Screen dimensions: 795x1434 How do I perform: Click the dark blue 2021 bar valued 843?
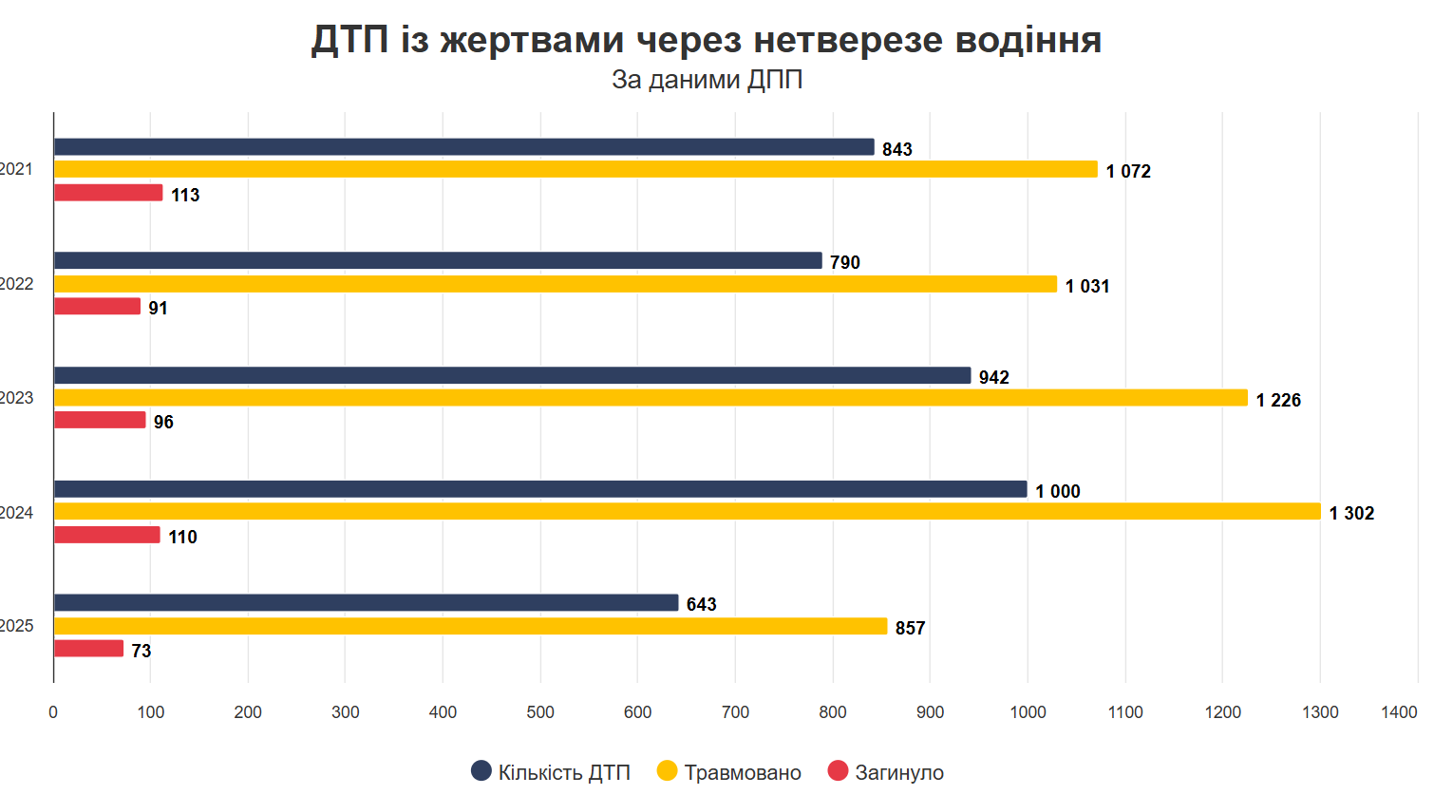coord(463,147)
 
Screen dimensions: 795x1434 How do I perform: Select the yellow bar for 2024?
coord(687,512)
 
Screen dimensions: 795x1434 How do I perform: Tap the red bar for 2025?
coord(88,649)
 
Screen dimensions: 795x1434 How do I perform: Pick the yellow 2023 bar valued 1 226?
coord(651,398)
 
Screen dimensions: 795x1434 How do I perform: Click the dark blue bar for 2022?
coord(438,261)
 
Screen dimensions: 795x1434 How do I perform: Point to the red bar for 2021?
coord(108,193)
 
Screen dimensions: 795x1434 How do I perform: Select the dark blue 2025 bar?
coord(366,603)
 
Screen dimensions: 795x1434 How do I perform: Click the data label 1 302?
coord(1351,514)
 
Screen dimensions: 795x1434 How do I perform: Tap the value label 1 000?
coord(1058,491)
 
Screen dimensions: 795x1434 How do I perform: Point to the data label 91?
coord(158,309)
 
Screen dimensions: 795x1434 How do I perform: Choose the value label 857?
coord(910,628)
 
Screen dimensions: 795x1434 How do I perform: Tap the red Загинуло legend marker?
coord(838,771)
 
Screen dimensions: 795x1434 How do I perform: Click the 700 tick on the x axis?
coord(735,712)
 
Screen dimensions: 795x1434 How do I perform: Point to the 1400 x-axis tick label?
coord(1399,712)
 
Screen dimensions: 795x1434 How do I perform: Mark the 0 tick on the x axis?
coord(53,712)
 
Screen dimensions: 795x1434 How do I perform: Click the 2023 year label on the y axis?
coord(17,398)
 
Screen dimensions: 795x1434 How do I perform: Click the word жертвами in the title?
coord(532,40)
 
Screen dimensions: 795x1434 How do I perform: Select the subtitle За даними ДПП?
coord(707,80)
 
